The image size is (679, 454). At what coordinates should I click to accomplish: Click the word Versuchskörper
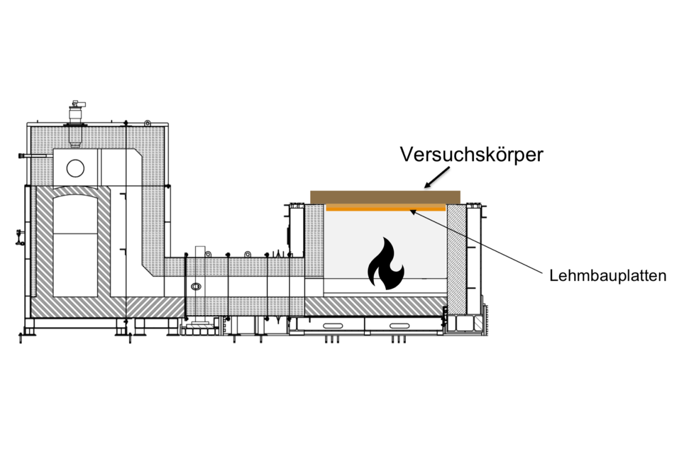pyautogui.click(x=471, y=155)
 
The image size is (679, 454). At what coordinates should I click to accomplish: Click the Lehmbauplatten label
pyautogui.click(x=608, y=276)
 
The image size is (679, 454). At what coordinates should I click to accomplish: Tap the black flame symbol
pyautogui.click(x=385, y=263)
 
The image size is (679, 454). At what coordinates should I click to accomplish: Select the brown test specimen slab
pyautogui.click(x=385, y=198)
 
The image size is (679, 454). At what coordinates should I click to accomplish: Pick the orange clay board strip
pyautogui.click(x=386, y=207)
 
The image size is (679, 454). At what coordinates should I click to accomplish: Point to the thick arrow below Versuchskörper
pyautogui.click(x=437, y=177)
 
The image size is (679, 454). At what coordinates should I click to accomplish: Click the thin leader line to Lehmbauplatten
pyautogui.click(x=476, y=242)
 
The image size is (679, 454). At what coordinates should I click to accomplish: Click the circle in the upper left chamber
pyautogui.click(x=75, y=168)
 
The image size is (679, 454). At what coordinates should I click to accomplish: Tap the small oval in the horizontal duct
pyautogui.click(x=196, y=286)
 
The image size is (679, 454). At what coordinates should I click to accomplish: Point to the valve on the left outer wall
pyautogui.click(x=20, y=237)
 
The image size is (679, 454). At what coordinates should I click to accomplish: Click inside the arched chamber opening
pyautogui.click(x=75, y=246)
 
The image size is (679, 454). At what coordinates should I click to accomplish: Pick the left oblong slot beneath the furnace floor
pyautogui.click(x=333, y=325)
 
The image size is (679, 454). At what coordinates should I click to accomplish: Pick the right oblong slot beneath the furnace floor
pyautogui.click(x=399, y=325)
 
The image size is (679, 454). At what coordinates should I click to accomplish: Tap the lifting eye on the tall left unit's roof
pyautogui.click(x=147, y=123)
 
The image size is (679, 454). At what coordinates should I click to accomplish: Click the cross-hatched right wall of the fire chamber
pyautogui.click(x=457, y=259)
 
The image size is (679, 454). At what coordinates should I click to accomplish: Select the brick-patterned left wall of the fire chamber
pyautogui.click(x=314, y=241)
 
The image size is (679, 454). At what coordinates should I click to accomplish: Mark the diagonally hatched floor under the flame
pyautogui.click(x=376, y=306)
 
